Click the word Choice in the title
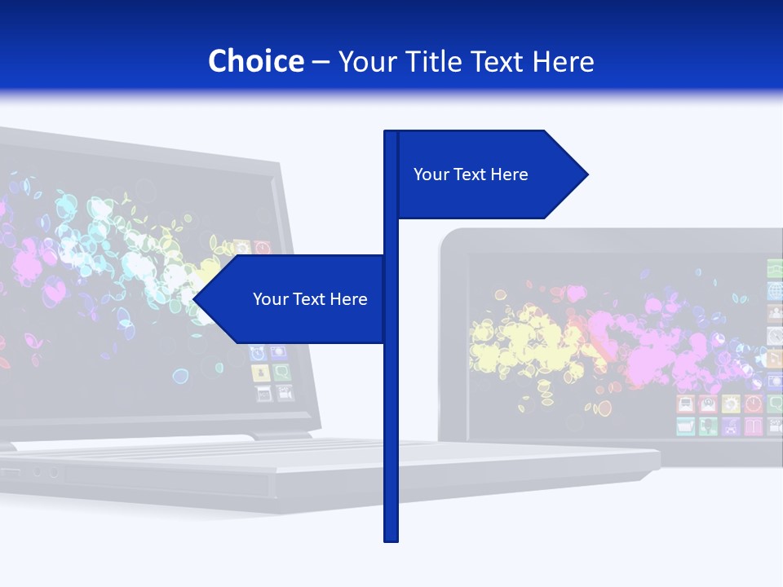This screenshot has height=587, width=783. [x=255, y=61]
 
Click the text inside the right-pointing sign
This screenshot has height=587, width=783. [x=471, y=174]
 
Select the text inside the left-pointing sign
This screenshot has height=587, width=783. [x=310, y=299]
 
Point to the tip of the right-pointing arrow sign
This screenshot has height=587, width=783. [x=586, y=174]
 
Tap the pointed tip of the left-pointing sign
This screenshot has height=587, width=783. [x=195, y=299]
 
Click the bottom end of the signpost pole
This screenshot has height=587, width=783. [x=391, y=539]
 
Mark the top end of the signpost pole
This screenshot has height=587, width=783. [x=391, y=133]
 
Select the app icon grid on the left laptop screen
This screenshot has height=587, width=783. [x=270, y=371]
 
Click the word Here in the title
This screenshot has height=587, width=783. [x=563, y=61]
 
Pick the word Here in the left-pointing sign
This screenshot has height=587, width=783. [x=349, y=299]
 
